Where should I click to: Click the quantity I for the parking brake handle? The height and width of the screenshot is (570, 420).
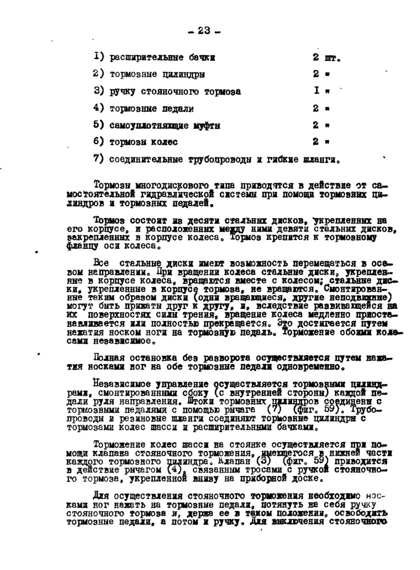pyautogui.click(x=315, y=90)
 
